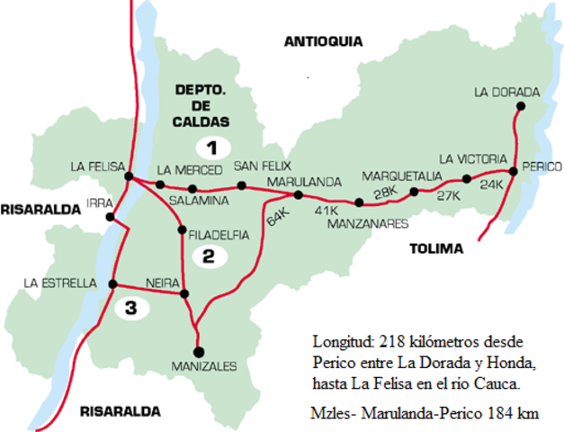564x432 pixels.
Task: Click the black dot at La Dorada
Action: (520, 105)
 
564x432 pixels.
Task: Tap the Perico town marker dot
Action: (512, 170)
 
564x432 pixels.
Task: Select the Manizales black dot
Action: (198, 351)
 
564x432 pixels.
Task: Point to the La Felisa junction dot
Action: (129, 176)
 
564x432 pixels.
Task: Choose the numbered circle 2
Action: (208, 256)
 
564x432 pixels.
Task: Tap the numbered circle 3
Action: (131, 310)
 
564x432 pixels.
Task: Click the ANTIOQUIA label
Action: (322, 41)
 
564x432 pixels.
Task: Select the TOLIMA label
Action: (435, 248)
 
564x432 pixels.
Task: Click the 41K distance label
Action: (326, 211)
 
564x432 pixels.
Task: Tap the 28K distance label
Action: (385, 193)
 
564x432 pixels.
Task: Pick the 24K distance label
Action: (491, 184)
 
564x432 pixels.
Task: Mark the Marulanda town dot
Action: (298, 194)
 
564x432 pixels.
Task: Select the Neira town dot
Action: (184, 293)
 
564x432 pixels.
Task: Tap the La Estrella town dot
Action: (112, 284)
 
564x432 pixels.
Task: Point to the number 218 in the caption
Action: (383, 343)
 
